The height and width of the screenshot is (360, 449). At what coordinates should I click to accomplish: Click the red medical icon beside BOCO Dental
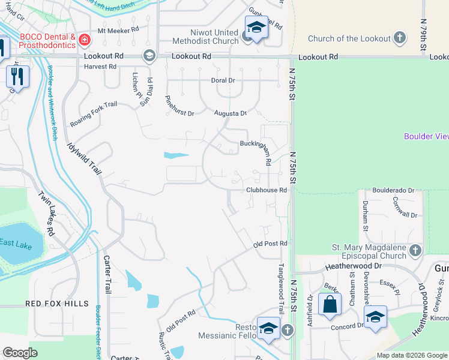point(85,40)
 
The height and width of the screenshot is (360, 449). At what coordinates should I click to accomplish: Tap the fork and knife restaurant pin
point(17,76)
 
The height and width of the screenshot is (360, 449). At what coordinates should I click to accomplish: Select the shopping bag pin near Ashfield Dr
point(330,304)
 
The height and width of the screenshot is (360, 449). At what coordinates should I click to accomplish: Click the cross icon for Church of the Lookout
point(400,39)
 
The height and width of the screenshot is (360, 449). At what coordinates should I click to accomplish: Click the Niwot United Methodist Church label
point(205,37)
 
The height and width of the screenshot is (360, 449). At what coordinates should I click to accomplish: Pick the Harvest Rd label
point(100,67)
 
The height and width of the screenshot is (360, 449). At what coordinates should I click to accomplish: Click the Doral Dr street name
point(222,80)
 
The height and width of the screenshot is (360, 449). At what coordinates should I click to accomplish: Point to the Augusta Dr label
point(231,113)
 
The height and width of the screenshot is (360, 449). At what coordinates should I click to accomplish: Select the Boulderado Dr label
point(393,190)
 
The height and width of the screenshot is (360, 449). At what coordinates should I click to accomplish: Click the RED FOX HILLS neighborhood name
point(57,304)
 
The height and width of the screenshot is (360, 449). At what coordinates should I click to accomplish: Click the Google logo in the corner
point(20,352)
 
